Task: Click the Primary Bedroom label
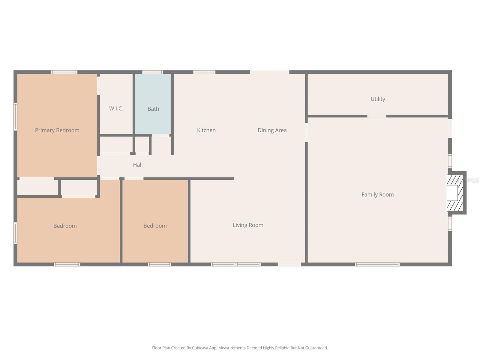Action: click(57, 130)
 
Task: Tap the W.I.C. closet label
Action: click(116, 109)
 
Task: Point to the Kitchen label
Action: click(206, 130)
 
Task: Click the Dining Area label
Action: click(272, 130)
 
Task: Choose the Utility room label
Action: click(377, 99)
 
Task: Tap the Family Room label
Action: click(377, 195)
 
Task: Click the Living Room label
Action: click(248, 225)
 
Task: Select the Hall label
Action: click(138, 165)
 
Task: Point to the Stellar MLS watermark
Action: click(466, 180)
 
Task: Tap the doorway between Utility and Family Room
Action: click(377, 116)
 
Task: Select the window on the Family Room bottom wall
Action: click(377, 264)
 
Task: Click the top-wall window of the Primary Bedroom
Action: click(64, 72)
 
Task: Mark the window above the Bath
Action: click(152, 72)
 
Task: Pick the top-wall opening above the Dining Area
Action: click(269, 72)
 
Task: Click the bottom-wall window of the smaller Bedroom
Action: click(159, 264)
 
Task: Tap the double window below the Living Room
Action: click(235, 264)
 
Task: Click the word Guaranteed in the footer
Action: click(317, 348)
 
